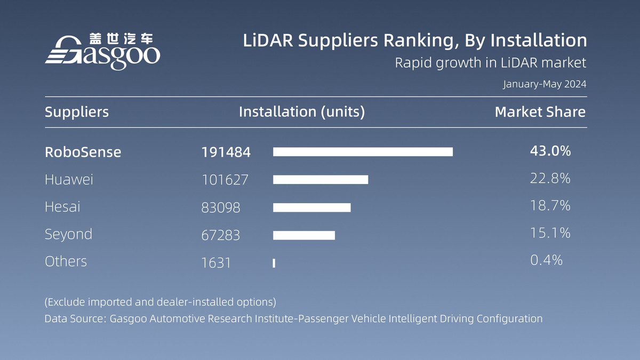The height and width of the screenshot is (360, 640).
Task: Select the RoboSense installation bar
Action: click(x=363, y=152)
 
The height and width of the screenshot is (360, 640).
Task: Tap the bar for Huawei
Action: click(x=321, y=180)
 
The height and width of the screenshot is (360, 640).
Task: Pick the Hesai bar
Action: click(x=312, y=207)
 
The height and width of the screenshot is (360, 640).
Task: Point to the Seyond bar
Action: click(x=304, y=235)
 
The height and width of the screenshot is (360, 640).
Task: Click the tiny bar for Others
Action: click(x=274, y=263)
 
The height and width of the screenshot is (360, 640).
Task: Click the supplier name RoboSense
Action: click(x=83, y=152)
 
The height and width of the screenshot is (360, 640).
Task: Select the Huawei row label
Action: click(x=69, y=180)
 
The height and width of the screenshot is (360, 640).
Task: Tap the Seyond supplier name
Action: click(x=68, y=234)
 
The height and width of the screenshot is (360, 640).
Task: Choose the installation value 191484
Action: click(x=226, y=152)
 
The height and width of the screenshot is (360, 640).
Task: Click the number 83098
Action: click(x=221, y=207)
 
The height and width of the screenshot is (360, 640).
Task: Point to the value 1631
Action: click(x=216, y=262)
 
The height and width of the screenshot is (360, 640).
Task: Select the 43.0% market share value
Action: click(x=550, y=151)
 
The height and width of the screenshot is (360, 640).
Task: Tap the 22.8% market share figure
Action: click(x=550, y=179)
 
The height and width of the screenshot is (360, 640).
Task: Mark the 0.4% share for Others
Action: click(x=547, y=260)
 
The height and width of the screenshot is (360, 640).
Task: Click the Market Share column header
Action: click(x=540, y=112)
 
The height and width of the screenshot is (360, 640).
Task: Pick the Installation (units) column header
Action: click(x=302, y=112)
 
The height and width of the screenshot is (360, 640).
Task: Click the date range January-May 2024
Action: click(x=545, y=84)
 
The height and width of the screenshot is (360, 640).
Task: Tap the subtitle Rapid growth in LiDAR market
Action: click(x=490, y=63)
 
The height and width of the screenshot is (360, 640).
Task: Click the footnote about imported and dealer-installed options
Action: click(x=160, y=302)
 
